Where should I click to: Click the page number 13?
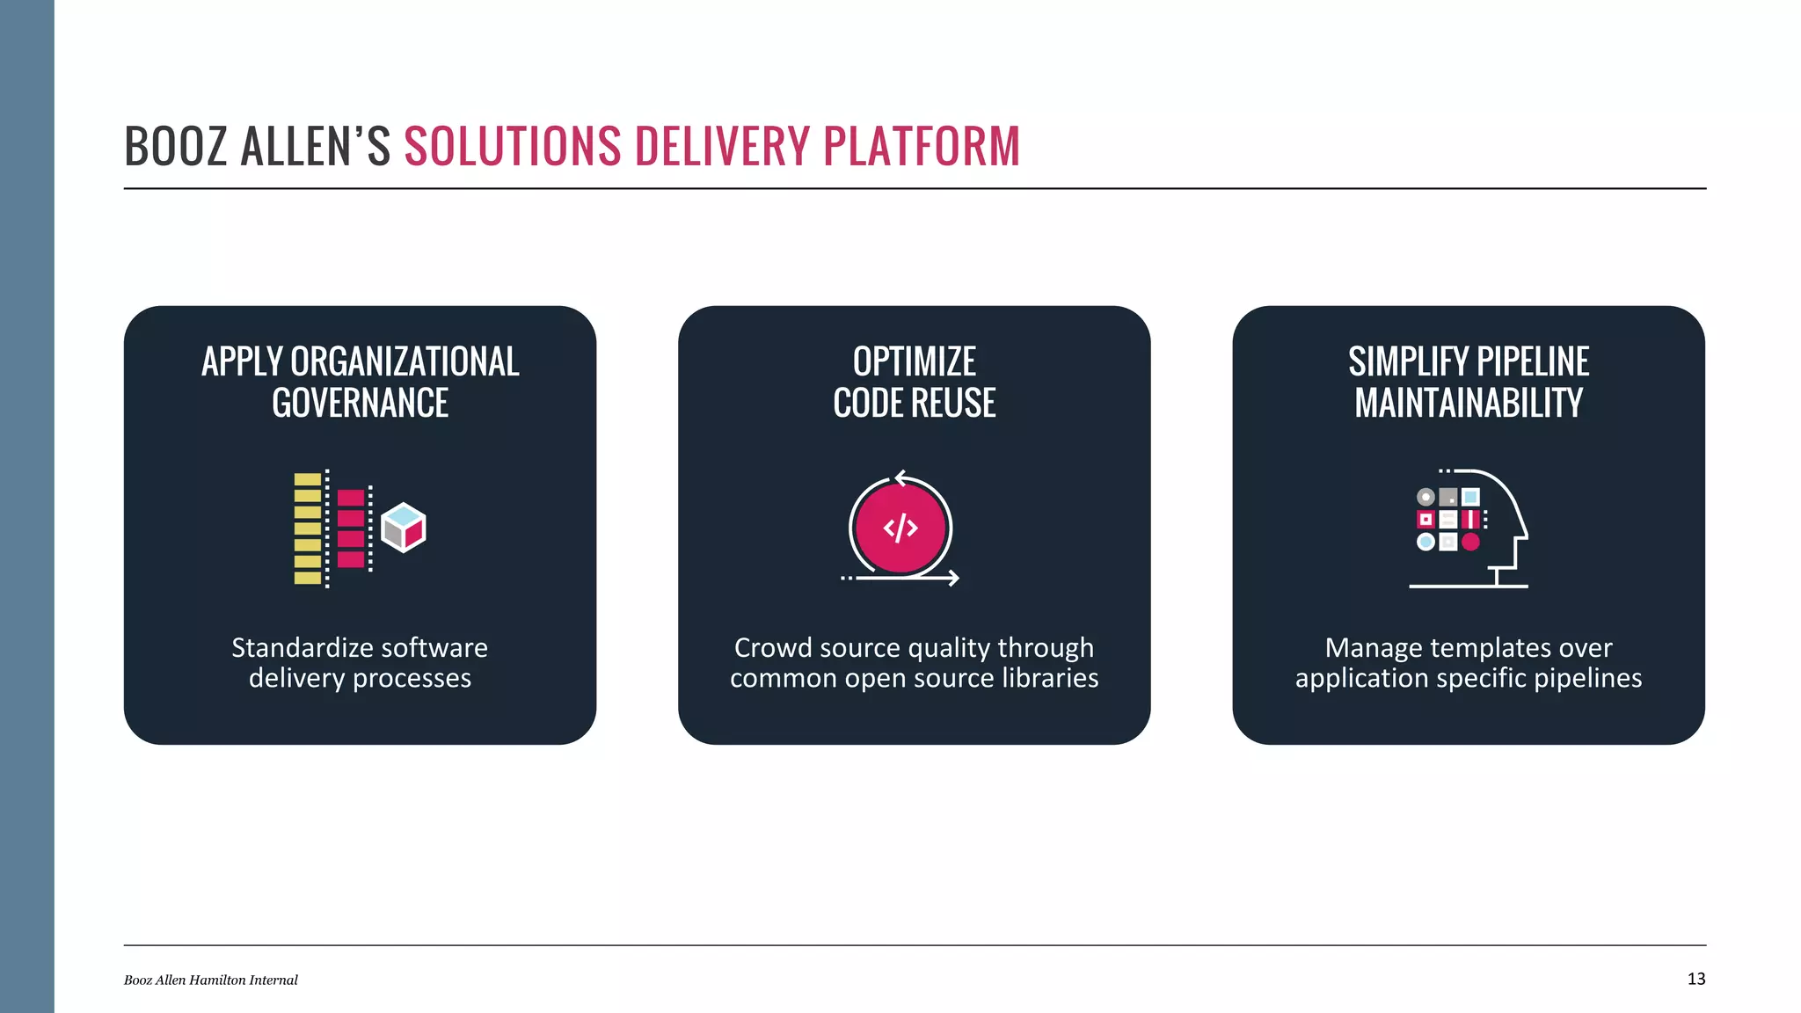pos(1696,979)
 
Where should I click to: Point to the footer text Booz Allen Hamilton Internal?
pos(211,980)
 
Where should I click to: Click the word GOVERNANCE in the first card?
pos(360,404)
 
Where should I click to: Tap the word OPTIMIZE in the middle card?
pos(914,361)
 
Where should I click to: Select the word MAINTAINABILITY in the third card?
pos(1468,404)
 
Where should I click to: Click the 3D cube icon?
pos(404,528)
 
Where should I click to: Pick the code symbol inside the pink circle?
pos(900,528)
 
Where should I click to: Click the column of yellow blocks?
pos(307,528)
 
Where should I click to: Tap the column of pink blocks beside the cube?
pos(351,528)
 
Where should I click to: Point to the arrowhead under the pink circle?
pos(953,578)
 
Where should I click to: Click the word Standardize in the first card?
pos(295,648)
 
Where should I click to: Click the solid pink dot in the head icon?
pos(1470,542)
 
